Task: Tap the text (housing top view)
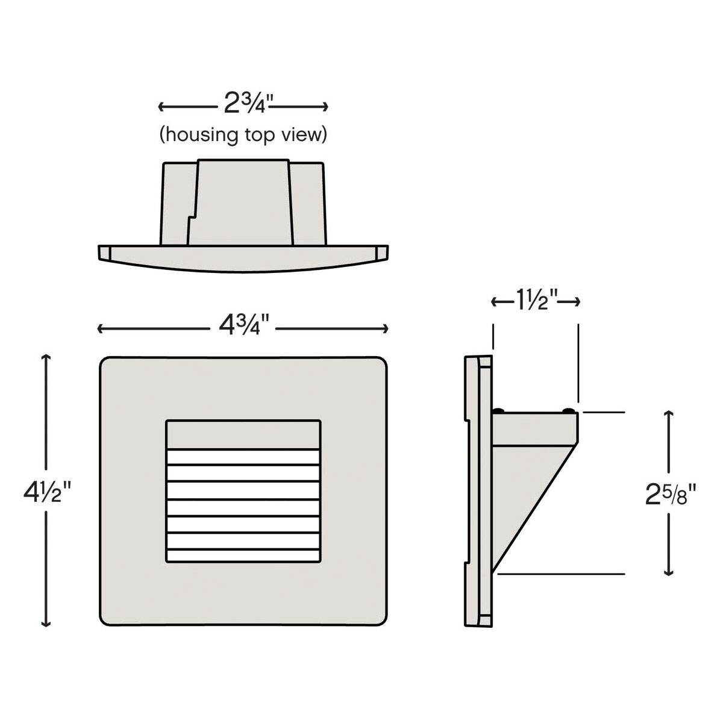tap(243, 134)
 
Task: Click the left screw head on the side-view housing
tap(499, 410)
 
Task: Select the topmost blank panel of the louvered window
tap(243, 434)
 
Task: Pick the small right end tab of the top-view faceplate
tap(381, 252)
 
